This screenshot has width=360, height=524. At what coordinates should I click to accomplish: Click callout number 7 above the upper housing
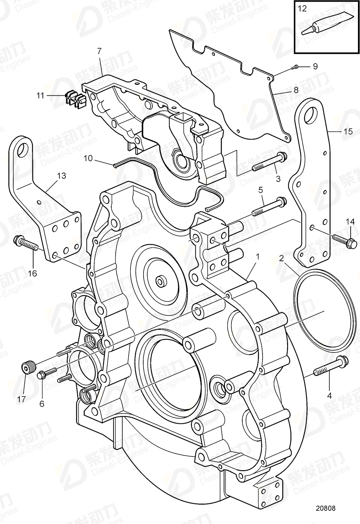coord(99,51)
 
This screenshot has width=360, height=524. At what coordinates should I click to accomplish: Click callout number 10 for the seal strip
coord(88,158)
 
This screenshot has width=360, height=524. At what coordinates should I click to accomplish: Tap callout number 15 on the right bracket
coord(348,131)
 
